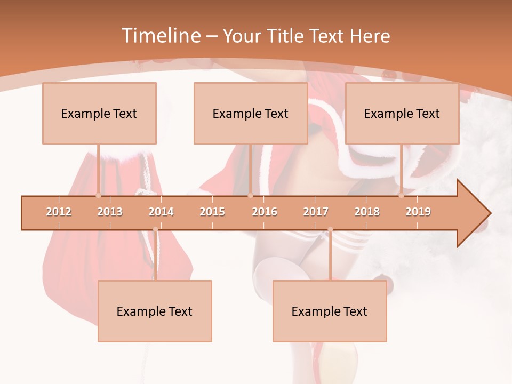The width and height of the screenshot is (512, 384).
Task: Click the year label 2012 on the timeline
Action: (x=59, y=212)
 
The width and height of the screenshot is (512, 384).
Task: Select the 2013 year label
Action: (x=110, y=212)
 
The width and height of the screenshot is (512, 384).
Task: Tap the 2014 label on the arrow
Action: (x=161, y=212)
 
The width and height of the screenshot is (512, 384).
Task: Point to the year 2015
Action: (x=212, y=212)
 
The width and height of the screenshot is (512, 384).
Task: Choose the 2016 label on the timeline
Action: (x=265, y=212)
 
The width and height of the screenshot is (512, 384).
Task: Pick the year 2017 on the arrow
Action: (x=316, y=212)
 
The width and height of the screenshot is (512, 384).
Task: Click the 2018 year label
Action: (x=367, y=212)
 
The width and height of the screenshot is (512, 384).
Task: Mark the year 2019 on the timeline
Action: (x=418, y=212)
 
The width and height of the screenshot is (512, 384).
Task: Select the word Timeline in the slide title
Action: (x=160, y=36)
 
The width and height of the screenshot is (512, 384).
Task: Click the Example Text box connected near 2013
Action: (x=99, y=113)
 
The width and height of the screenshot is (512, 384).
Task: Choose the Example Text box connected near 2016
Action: (x=251, y=113)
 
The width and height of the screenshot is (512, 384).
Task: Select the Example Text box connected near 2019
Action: (x=402, y=113)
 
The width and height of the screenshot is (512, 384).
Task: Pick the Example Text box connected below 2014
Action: (x=155, y=311)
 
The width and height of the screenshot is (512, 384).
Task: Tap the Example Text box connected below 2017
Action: (x=330, y=311)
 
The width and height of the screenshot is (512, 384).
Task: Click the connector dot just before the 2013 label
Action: (x=98, y=196)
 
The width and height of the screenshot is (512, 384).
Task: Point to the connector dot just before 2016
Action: (x=250, y=196)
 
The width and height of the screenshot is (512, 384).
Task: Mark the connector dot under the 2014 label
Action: (x=155, y=229)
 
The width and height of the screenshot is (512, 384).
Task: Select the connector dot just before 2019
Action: (x=401, y=196)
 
